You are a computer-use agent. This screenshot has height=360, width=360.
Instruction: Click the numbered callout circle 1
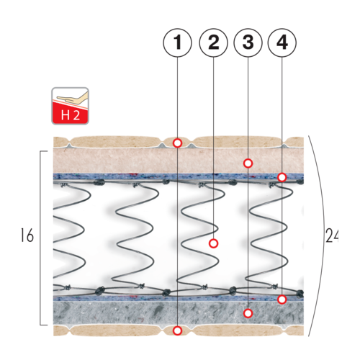177,42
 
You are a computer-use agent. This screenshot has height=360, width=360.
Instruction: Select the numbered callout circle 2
213,42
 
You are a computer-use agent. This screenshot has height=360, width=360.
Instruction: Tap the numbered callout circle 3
248,42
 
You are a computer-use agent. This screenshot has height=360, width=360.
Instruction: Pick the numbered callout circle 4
282,42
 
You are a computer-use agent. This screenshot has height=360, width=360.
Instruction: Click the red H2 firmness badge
70,106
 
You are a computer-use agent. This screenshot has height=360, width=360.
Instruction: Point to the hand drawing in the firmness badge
72,97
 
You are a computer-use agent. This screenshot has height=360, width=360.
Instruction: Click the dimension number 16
27,235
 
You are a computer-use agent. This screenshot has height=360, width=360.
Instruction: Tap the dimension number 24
332,235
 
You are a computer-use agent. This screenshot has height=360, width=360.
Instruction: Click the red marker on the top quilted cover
177,143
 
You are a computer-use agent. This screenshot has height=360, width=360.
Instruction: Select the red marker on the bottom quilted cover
177,330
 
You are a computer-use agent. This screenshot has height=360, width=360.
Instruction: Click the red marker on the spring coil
213,243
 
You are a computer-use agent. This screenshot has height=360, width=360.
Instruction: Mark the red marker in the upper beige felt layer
248,163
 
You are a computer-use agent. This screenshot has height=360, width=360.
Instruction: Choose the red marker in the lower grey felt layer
248,313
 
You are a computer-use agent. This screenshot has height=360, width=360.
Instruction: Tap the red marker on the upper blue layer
282,177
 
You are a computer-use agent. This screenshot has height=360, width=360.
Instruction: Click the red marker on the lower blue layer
282,300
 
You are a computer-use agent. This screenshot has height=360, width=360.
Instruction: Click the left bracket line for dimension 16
40,238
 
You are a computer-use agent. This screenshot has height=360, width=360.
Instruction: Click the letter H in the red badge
66,115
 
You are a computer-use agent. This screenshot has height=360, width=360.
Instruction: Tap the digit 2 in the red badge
76,115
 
